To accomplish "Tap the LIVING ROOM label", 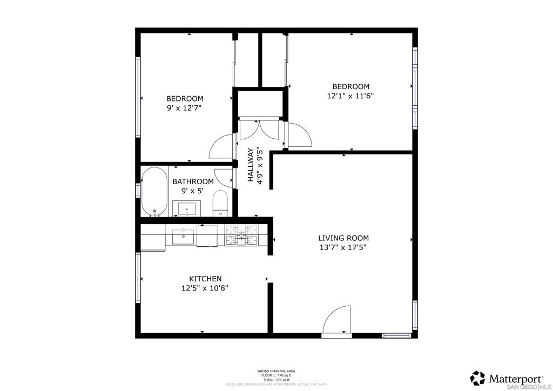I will [x=343, y=238].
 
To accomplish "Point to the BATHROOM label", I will [x=193, y=181].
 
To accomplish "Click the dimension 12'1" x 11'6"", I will [x=350, y=96].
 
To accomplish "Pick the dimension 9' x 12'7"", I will [x=184, y=108].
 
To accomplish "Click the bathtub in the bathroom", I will [x=154, y=192].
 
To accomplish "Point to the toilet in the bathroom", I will [x=220, y=203].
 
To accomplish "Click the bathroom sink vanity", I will [x=186, y=208].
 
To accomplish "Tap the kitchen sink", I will [x=183, y=236].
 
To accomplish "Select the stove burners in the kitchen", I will [x=242, y=235].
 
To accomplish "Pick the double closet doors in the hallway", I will [x=258, y=130].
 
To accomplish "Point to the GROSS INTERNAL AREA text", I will [x=276, y=371].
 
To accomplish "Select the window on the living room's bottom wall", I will [x=397, y=335].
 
